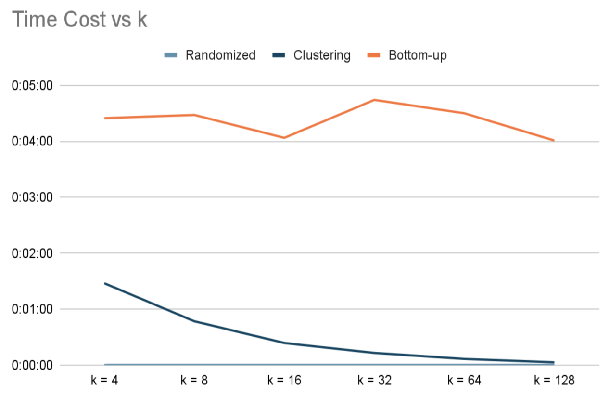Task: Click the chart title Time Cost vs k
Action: click(79, 20)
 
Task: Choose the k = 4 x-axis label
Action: click(104, 381)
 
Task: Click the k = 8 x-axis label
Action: click(194, 381)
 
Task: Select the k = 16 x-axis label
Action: click(284, 381)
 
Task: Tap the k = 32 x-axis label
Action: click(374, 381)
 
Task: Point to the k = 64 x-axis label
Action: click(464, 381)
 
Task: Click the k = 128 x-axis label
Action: click(554, 381)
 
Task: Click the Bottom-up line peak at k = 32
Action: click(374, 100)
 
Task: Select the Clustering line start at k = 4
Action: click(105, 283)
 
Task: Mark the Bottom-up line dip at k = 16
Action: click(284, 138)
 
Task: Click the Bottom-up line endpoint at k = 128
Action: click(554, 140)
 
